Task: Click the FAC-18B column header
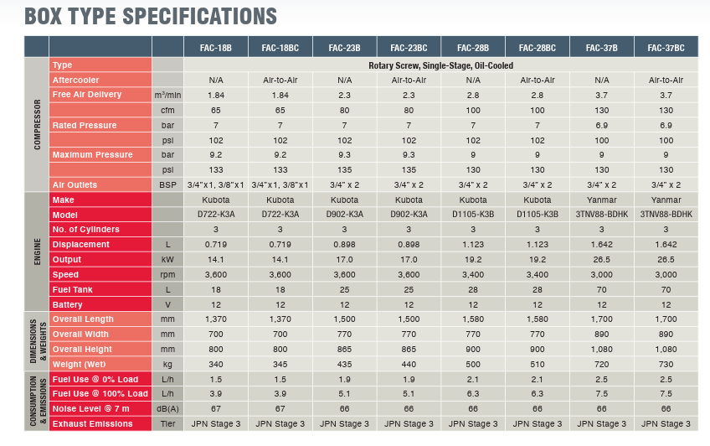click(215, 47)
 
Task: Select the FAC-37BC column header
click(666, 47)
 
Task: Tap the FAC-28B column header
click(473, 47)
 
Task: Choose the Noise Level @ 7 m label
click(90, 409)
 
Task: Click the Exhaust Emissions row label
click(92, 424)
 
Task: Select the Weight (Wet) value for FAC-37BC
click(666, 364)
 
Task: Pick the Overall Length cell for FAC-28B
click(473, 319)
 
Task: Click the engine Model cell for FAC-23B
click(344, 215)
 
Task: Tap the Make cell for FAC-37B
click(602, 200)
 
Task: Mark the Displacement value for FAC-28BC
click(538, 245)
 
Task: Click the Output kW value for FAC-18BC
click(280, 260)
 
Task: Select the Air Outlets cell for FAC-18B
click(215, 184)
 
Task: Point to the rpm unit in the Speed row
click(167, 275)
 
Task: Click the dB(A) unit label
click(167, 409)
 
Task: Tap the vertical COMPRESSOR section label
click(37, 124)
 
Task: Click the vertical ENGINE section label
click(37, 252)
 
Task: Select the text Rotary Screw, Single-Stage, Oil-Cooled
click(440, 65)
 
